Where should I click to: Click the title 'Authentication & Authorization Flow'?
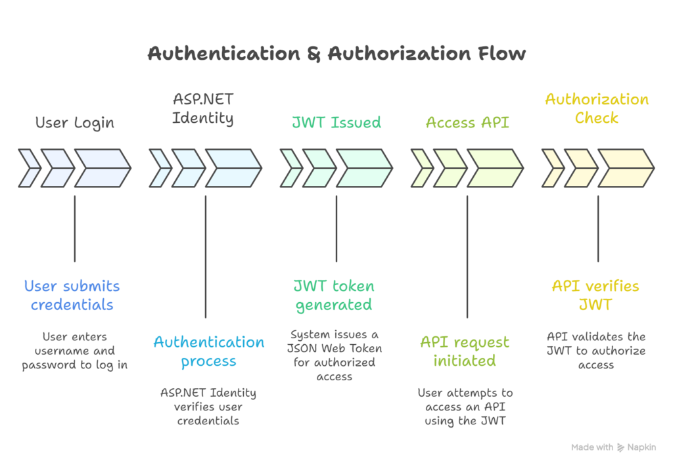point(336,53)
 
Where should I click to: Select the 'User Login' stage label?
point(74,123)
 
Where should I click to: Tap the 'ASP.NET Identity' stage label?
point(203,109)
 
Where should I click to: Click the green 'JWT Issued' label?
point(336,123)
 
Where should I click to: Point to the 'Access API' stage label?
point(467,123)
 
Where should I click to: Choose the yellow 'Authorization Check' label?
point(597,109)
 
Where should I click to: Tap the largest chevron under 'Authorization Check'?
point(625,168)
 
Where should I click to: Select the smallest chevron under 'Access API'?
point(420,168)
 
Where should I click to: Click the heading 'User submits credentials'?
point(72,296)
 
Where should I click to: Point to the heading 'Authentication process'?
point(209,352)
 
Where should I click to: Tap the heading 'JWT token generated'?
point(334,296)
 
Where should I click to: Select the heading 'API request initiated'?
point(465,352)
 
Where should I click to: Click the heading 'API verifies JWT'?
point(595,296)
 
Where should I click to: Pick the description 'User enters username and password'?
point(74,351)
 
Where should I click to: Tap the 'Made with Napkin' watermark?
point(614,447)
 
